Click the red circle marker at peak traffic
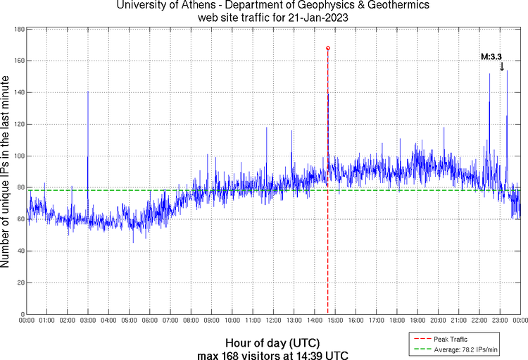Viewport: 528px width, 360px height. [328, 48]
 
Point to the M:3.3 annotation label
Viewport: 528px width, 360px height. [491, 56]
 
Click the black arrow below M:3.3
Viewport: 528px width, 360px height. [502, 67]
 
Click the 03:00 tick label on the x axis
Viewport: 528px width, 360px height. [88, 321]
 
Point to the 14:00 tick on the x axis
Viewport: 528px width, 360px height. [315, 321]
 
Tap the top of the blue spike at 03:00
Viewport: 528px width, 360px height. [88, 92]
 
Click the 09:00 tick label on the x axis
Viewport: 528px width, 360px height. [211, 321]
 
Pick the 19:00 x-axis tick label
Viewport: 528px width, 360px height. [417, 321]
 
